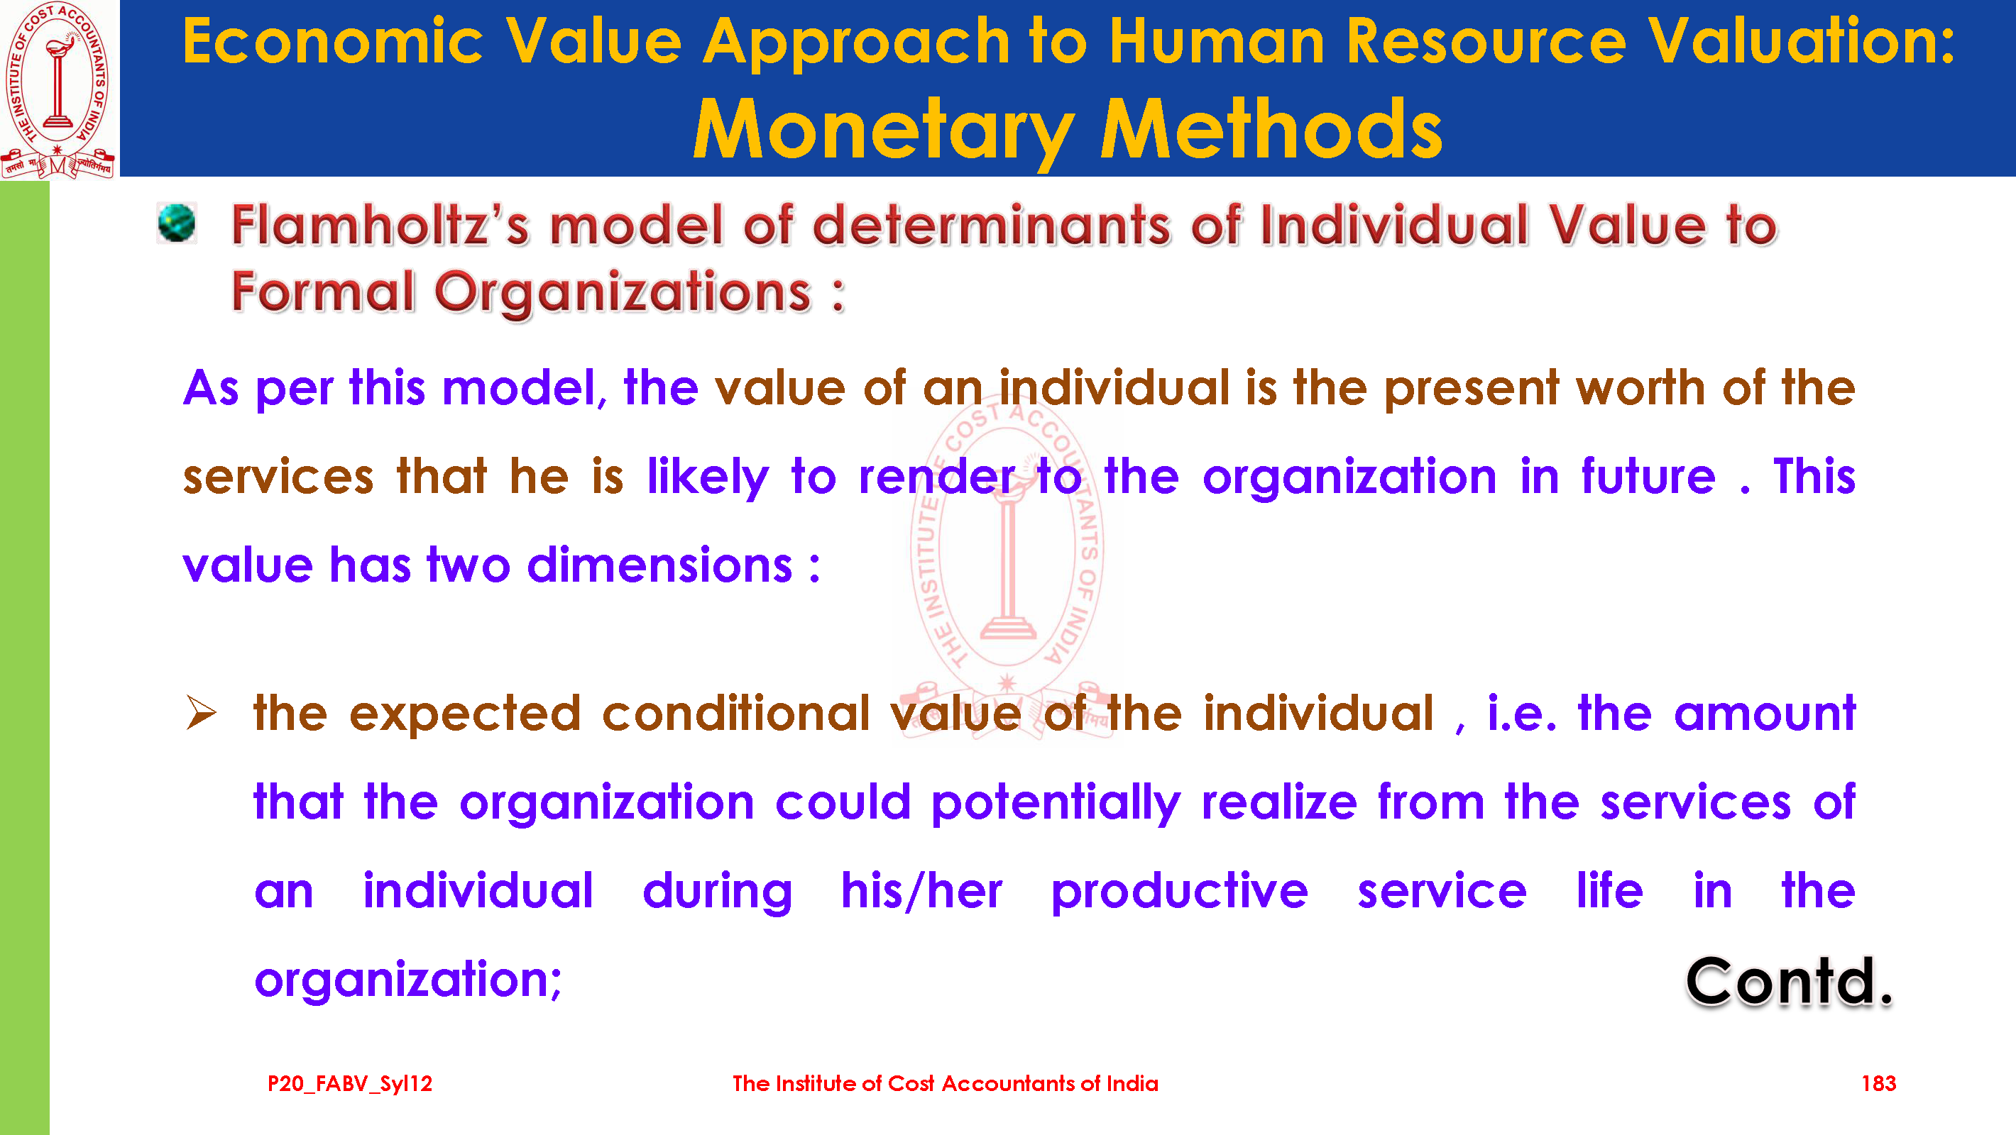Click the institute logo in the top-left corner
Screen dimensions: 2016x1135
pos(58,89)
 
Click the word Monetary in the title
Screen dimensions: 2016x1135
pos(884,131)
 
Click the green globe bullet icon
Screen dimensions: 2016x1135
pos(177,223)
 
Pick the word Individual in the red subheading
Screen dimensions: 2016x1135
pos(1395,226)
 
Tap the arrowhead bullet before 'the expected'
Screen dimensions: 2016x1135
pos(202,713)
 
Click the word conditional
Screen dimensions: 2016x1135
pos(735,714)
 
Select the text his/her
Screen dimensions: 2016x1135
pos(921,891)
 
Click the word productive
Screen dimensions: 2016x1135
pos(1179,892)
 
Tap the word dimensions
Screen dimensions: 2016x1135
pos(659,565)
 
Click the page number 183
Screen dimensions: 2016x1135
pos(1878,1083)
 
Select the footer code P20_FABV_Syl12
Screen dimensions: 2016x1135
pos(350,1084)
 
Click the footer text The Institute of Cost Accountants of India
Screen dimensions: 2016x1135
pos(946,1083)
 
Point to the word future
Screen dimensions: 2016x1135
pos(1648,477)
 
